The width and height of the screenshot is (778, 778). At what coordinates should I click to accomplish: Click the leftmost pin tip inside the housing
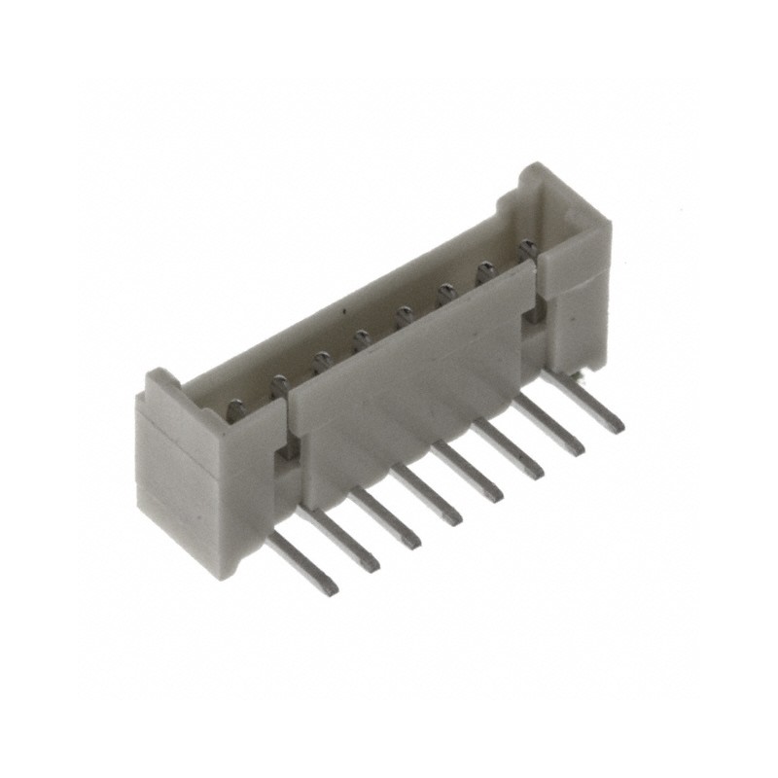coord(235,410)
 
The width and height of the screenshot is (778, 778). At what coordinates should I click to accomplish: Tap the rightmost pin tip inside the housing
coord(528,249)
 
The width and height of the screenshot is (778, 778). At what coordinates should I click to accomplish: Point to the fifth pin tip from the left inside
coord(403,316)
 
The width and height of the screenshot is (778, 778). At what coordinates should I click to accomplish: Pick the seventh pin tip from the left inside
coord(483,272)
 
